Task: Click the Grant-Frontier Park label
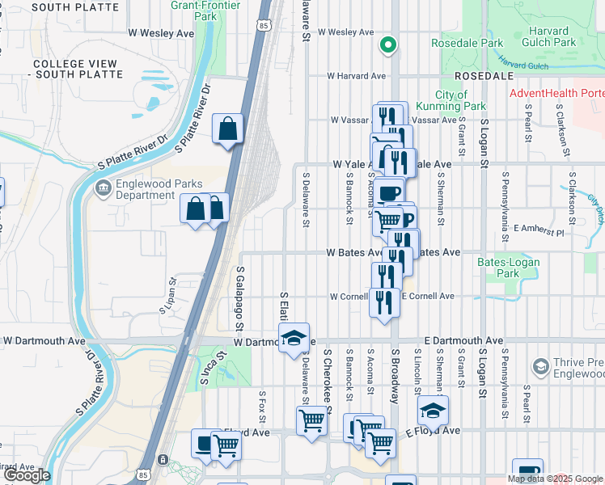tap(194, 10)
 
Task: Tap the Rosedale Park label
tap(467, 42)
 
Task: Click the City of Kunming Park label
tap(451, 100)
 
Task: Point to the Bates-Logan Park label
tap(497, 268)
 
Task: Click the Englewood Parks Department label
tap(145, 189)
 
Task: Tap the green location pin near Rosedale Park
tap(388, 45)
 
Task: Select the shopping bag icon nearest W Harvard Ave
tap(228, 129)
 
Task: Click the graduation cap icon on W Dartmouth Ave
tap(294, 338)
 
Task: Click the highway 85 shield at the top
tap(264, 26)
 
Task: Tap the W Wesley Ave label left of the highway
tap(162, 33)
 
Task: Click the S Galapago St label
tap(240, 299)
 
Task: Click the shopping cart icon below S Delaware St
tap(311, 420)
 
